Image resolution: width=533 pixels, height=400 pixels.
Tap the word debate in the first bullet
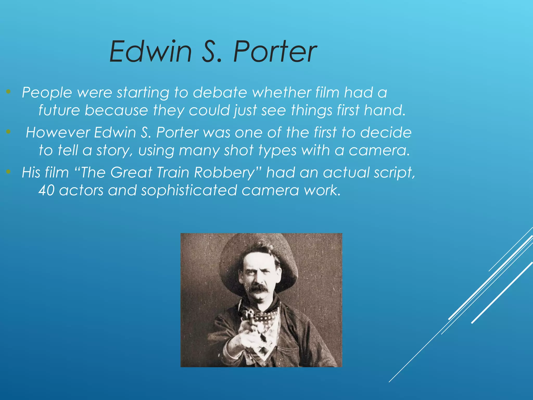[x=220, y=92]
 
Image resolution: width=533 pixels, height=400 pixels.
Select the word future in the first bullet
[x=59, y=110]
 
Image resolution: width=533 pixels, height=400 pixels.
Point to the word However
[x=58, y=132]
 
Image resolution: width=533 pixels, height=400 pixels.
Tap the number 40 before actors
[x=47, y=190]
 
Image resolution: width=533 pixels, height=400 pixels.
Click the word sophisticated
[x=189, y=190]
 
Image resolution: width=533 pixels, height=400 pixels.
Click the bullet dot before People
[x=9, y=91]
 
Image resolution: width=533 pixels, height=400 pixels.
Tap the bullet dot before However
[x=9, y=132]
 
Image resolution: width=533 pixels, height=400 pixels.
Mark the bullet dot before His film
[x=9, y=172]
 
